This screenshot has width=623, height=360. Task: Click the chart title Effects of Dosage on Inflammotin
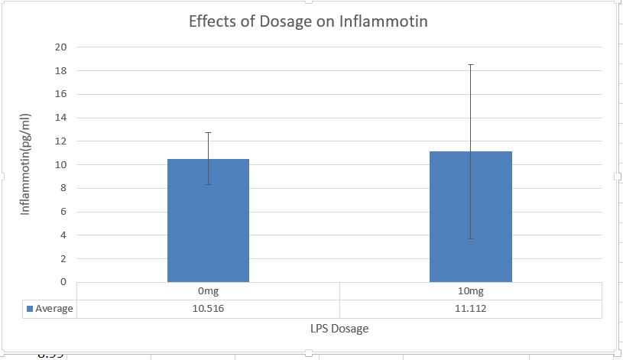point(308,21)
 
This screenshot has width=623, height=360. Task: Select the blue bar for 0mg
point(208,222)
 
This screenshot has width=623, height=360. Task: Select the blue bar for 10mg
point(470,218)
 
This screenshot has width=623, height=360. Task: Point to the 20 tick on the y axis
point(61,47)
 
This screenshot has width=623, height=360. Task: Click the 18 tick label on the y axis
point(61,71)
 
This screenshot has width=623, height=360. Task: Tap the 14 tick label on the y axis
point(61,118)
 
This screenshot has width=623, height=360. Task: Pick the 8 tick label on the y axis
point(64,189)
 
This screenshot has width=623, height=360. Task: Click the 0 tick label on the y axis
point(64,282)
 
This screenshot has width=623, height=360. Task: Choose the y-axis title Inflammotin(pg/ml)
point(26,164)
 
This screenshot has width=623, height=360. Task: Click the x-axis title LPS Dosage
point(339,329)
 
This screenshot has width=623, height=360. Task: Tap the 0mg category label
point(208,291)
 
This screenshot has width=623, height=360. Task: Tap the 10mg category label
point(470,291)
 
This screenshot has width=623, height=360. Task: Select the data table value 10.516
point(208,309)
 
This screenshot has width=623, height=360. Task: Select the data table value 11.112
point(470,309)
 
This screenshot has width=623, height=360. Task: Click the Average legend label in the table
point(55,309)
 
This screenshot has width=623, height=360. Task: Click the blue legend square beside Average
point(31,309)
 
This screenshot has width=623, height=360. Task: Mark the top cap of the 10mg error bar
point(471,65)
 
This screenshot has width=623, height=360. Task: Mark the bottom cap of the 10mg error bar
point(471,238)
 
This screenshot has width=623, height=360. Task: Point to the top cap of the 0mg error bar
point(208,133)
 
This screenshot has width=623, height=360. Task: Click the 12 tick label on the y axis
point(61,141)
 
